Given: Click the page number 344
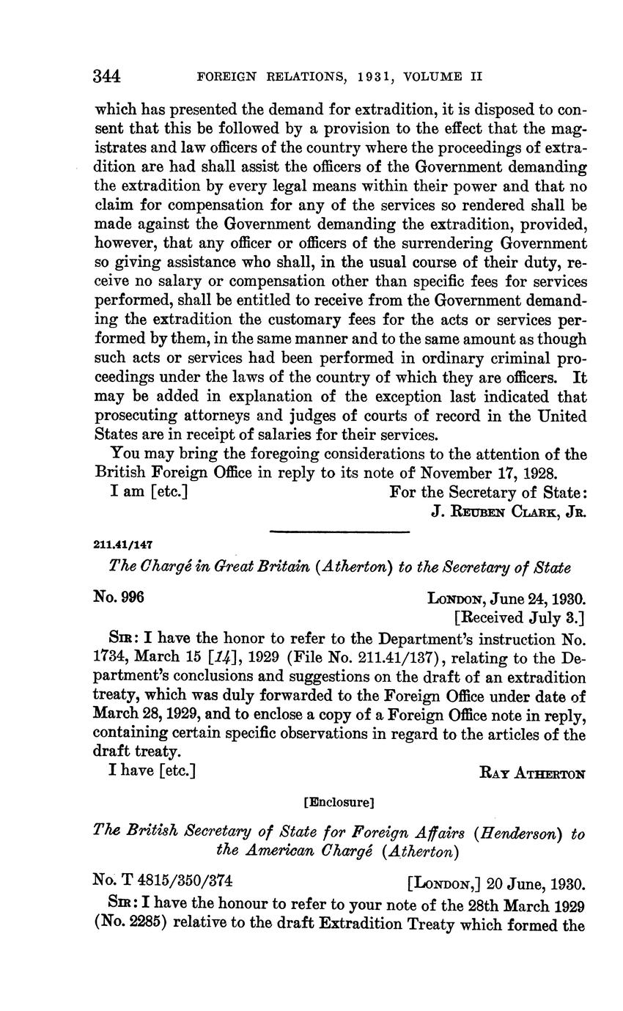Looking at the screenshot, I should point(108,76).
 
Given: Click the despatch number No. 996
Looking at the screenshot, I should point(119,598).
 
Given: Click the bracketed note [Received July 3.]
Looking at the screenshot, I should point(520,617).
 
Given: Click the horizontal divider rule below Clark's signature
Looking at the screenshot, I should point(339,532).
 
